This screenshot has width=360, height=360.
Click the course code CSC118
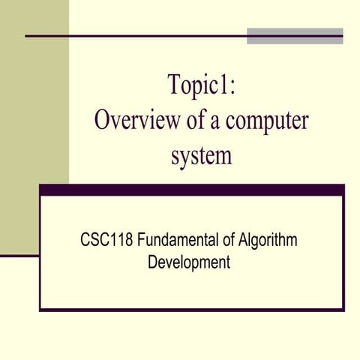tap(104, 241)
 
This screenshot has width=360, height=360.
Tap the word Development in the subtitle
tap(188, 263)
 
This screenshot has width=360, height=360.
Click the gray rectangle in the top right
tap(295, 36)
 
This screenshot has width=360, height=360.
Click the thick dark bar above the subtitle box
tap(191, 190)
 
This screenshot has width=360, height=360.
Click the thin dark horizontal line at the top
tap(135, 36)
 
